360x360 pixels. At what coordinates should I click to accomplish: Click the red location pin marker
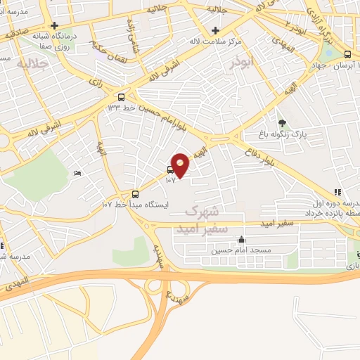181,165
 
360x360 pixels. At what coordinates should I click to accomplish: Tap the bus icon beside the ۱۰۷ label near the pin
171,169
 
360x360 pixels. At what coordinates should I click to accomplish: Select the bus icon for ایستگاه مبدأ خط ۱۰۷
136,195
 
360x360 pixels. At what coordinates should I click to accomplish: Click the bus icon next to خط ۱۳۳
122,97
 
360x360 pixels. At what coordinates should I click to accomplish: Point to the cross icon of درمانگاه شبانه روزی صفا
54,25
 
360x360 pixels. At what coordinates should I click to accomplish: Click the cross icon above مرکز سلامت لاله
216,30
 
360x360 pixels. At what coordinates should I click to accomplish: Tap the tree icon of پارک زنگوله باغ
283,122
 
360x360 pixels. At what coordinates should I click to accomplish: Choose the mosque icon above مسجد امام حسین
242,240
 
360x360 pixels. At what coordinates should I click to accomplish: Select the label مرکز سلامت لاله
216,40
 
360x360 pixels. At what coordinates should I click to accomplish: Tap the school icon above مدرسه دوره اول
337,192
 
